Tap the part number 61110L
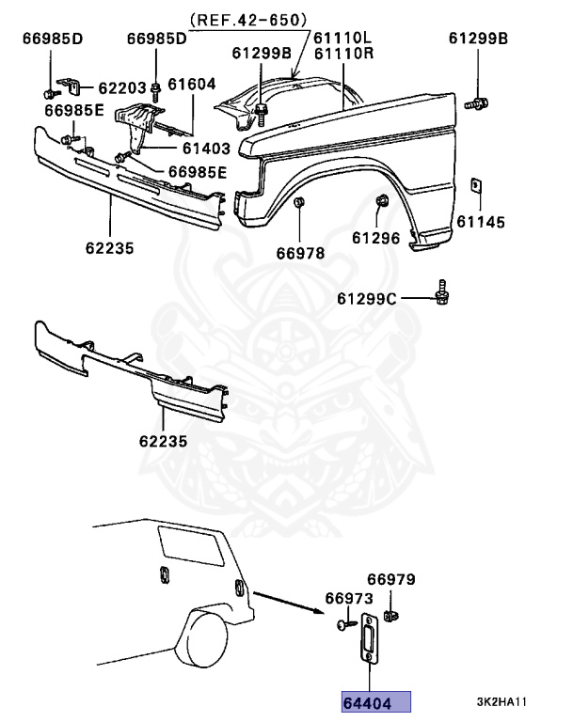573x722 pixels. pyautogui.click(x=342, y=38)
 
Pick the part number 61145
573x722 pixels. pyautogui.click(x=480, y=223)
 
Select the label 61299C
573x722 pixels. pyautogui.click(x=368, y=299)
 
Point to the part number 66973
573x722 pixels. pyautogui.click(x=349, y=599)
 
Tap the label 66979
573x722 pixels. pyautogui.click(x=390, y=580)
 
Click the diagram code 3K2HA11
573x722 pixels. pyautogui.click(x=501, y=702)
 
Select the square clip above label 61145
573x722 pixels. pyautogui.click(x=476, y=183)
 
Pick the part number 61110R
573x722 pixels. pyautogui.click(x=342, y=54)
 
